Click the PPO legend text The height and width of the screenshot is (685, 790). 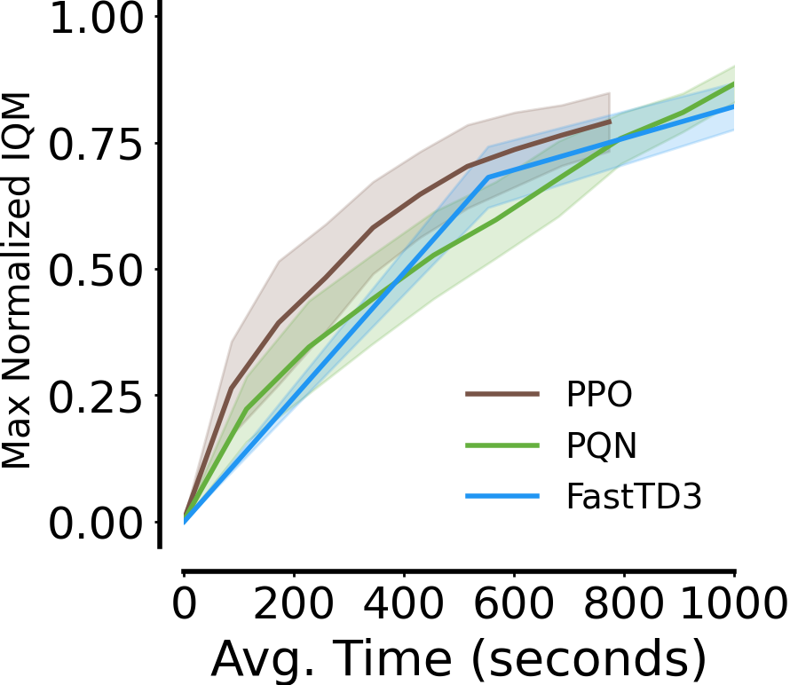599,395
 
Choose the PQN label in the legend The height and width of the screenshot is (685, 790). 601,446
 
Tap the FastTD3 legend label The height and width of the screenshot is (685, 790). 634,498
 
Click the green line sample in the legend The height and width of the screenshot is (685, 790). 502,446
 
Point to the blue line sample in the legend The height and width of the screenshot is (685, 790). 502,498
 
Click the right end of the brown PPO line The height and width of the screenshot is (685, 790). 610,122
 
